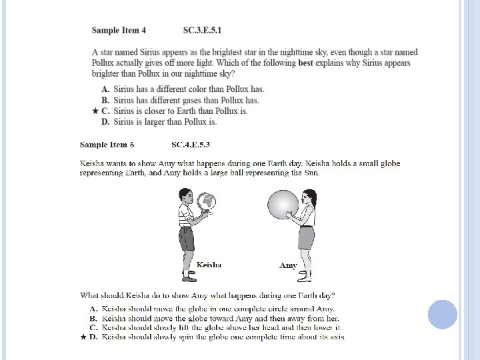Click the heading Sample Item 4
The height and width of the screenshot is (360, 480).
tap(119, 30)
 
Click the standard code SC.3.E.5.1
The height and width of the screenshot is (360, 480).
tap(202, 30)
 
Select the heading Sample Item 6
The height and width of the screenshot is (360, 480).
tap(107, 144)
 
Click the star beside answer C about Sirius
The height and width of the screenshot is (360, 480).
tap(95, 111)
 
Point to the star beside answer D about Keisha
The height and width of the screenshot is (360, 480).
tap(83, 337)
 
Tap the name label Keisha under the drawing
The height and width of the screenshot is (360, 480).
tap(209, 265)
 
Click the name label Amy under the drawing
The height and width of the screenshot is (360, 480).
tap(288, 265)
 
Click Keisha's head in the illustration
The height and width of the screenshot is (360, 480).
tap(187, 196)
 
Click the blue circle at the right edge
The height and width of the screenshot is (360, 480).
tap(442, 314)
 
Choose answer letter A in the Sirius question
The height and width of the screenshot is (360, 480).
tap(105, 89)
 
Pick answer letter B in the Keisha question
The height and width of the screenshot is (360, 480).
tap(94, 319)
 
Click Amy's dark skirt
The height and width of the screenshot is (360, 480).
tap(306, 236)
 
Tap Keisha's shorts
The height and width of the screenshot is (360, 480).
tap(187, 238)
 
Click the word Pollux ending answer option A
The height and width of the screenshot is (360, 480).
tap(232, 89)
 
